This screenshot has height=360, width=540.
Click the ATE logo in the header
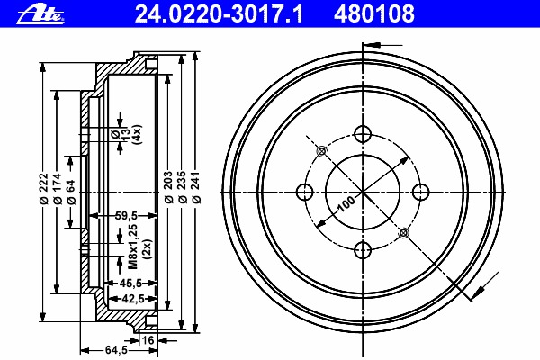coord(40,15)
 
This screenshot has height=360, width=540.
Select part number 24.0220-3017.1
coord(219,14)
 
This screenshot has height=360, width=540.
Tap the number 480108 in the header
coord(374,14)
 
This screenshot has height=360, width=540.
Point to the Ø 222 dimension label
coord(44,189)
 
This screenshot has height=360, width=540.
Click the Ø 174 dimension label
coord(58,189)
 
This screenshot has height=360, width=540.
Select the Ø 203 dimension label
coord(168,186)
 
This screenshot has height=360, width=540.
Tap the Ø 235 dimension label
coord(182,186)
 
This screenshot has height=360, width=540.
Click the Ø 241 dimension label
coord(196,186)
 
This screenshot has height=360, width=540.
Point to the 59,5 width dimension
coord(126,216)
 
